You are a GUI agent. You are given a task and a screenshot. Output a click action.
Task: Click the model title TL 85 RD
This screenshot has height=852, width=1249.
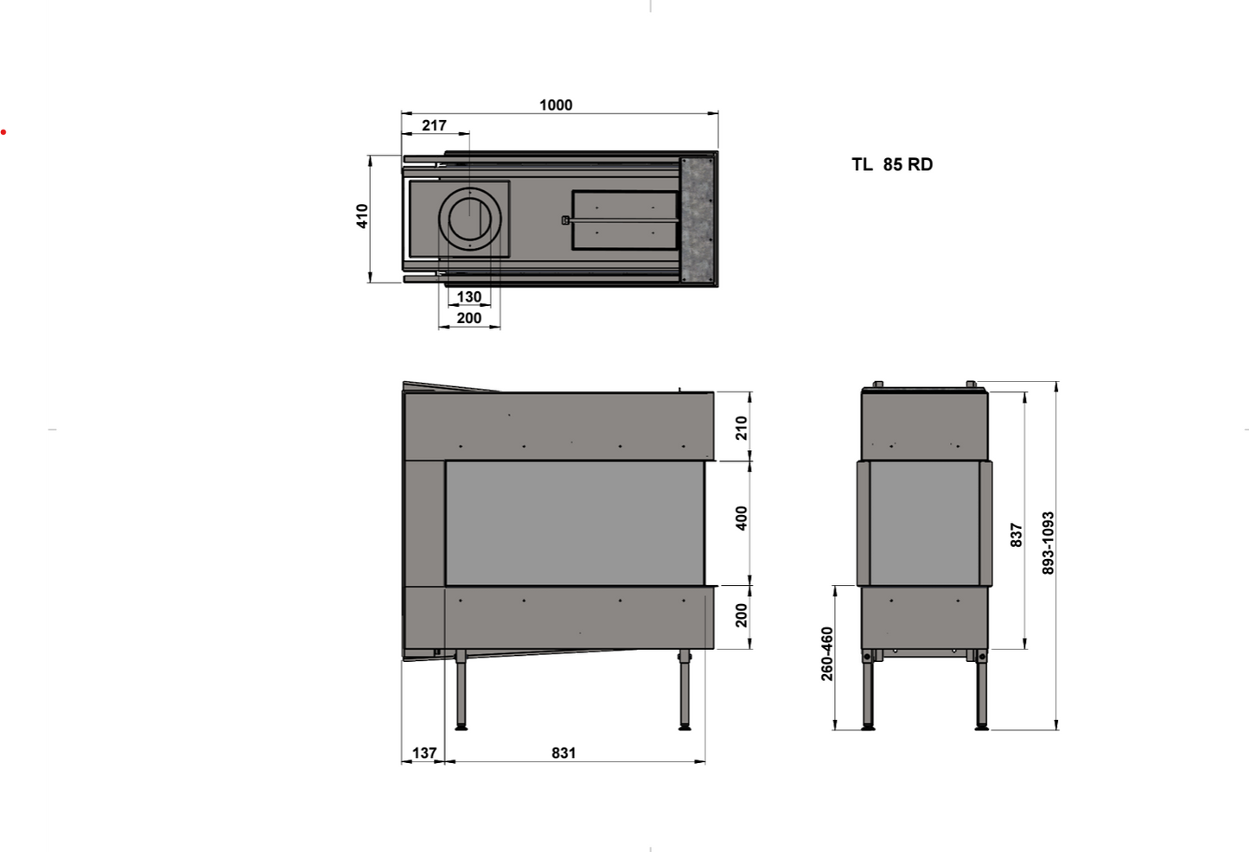pos(892,164)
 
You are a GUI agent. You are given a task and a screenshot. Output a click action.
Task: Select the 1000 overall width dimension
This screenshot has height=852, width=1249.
pos(556,105)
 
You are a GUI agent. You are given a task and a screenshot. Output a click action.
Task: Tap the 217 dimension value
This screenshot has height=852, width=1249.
pos(435,125)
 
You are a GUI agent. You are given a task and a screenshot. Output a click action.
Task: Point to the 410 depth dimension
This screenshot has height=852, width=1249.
pos(362,216)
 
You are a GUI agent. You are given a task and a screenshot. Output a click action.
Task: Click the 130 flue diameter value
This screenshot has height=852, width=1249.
pos(469,296)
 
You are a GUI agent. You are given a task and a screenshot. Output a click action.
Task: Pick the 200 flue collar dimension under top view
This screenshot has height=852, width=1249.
pos(469,318)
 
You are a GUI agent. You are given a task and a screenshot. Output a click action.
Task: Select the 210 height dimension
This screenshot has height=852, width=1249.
pos(741,428)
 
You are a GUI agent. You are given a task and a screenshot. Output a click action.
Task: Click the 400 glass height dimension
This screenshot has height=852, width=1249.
pos(741,518)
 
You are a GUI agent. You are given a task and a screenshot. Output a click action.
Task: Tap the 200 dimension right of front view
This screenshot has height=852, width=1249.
pos(741,615)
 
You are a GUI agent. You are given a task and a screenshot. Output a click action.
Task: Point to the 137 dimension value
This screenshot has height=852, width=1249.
pos(424,753)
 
